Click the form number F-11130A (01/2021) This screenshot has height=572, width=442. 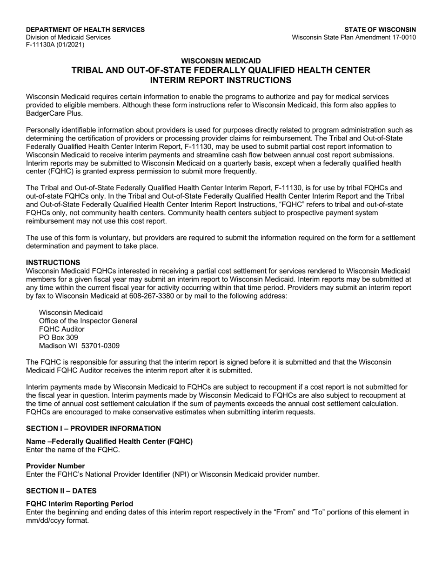pyautogui.click(x=55, y=45)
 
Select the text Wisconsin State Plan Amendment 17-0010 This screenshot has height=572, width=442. pyautogui.click(x=354, y=37)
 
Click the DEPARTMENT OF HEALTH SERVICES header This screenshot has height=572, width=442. pyautogui.click(x=85, y=30)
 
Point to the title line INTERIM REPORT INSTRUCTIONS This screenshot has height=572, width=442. pyautogui.click(x=221, y=80)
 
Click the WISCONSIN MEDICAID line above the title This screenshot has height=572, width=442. pyautogui.click(x=221, y=61)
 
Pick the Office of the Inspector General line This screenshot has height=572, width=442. pyautogui.click(x=88, y=321)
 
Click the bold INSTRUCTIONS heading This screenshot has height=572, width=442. pyautogui.click(x=53, y=263)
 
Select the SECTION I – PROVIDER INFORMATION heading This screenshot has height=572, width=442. pyautogui.click(x=94, y=428)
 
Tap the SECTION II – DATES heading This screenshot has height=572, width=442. pyautogui.click(x=61, y=491)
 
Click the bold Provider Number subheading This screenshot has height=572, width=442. pyautogui.click(x=55, y=466)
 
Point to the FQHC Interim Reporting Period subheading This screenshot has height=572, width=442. pyautogui.click(x=80, y=504)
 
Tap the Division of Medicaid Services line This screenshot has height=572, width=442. pyautogui.click(x=68, y=37)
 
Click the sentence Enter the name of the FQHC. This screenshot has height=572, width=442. pyautogui.click(x=73, y=450)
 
